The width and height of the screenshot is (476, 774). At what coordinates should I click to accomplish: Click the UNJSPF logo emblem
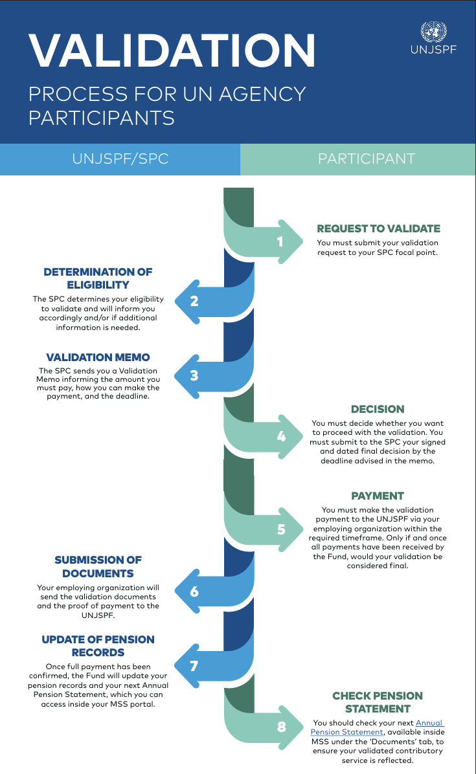(433, 32)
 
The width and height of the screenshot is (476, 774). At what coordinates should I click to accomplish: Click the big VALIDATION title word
(172, 50)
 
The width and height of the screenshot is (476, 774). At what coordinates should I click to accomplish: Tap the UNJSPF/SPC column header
(120, 159)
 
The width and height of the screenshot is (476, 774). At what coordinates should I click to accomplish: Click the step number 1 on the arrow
(280, 241)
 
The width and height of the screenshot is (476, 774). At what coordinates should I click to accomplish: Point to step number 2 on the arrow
(194, 301)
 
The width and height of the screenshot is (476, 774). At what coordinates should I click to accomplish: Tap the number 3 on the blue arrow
(194, 375)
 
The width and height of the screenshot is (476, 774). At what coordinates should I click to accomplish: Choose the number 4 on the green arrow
(281, 436)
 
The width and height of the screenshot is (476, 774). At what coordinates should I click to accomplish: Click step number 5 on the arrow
(281, 529)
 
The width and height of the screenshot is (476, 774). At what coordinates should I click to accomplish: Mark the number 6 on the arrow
(194, 592)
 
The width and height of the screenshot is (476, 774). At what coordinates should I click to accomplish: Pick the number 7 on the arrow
(194, 666)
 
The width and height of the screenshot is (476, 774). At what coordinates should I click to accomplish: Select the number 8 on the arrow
(281, 727)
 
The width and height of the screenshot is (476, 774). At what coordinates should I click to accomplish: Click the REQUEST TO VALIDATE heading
(378, 228)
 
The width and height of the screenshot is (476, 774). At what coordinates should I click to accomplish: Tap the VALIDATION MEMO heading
(98, 357)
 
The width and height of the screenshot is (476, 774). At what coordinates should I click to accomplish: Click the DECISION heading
(378, 409)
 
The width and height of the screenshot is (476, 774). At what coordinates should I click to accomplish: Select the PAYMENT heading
(378, 496)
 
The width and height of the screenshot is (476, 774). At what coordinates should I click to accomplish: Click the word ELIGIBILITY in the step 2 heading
(98, 285)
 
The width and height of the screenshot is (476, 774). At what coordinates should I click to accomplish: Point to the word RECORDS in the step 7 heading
(98, 652)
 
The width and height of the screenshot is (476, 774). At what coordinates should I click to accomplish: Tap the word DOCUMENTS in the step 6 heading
(98, 573)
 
